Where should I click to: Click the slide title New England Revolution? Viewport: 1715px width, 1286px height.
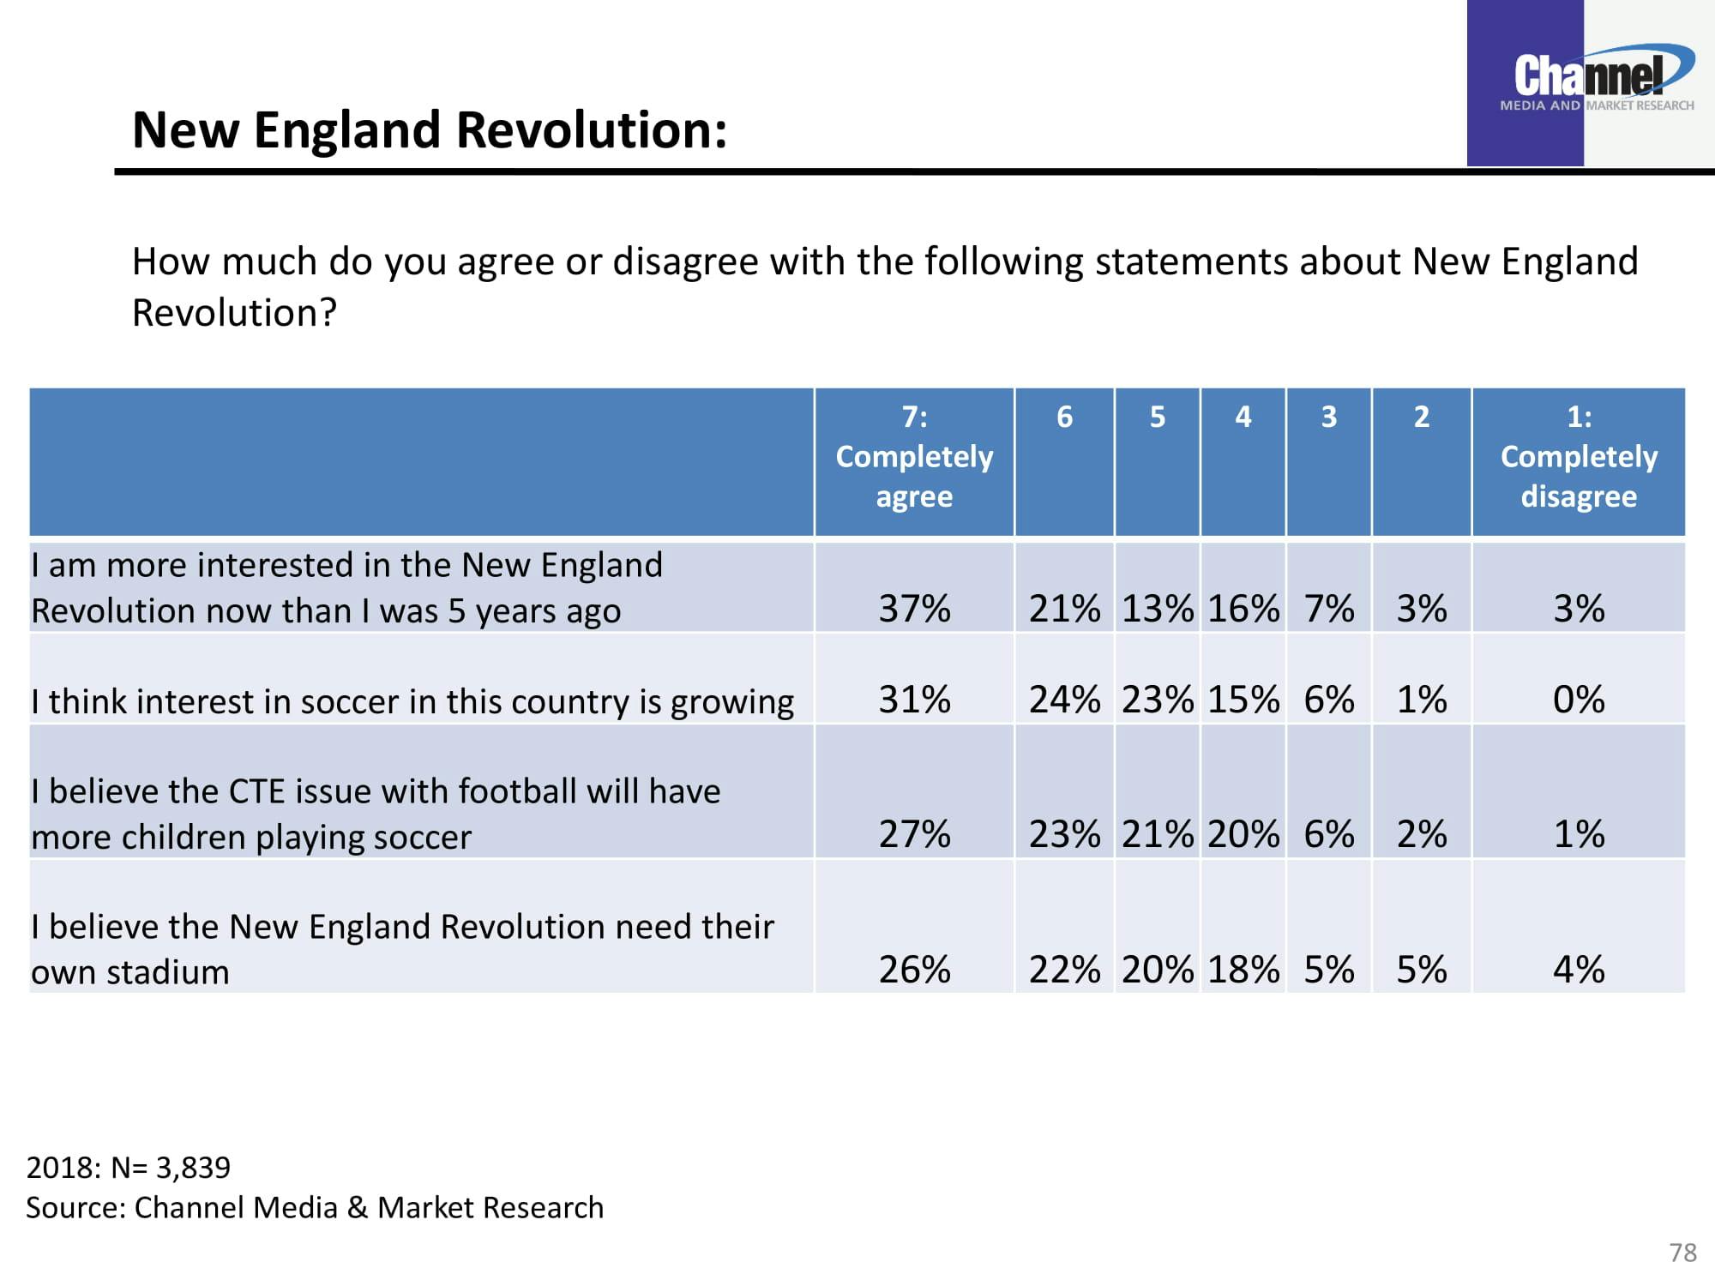click(x=430, y=130)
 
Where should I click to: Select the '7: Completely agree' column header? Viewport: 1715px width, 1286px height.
click(x=914, y=457)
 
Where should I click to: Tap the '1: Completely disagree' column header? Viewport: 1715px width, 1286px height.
click(x=1579, y=457)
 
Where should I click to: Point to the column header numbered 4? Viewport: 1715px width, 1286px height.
click(x=1243, y=417)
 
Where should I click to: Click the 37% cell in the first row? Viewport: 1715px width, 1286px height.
click(x=914, y=609)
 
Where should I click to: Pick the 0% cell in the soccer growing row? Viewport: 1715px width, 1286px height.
click(x=1579, y=700)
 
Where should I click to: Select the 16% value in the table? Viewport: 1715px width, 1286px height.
click(x=1243, y=609)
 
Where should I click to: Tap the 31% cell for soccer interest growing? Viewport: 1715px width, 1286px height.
click(x=914, y=700)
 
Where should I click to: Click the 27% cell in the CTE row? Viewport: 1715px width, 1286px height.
click(x=914, y=834)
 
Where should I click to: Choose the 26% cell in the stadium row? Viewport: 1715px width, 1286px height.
click(x=914, y=970)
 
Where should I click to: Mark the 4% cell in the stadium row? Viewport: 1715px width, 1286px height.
click(x=1579, y=970)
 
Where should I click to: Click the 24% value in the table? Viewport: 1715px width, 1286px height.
click(x=1064, y=700)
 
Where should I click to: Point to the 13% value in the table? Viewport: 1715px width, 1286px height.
click(x=1157, y=609)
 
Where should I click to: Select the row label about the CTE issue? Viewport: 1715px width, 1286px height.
click(x=376, y=814)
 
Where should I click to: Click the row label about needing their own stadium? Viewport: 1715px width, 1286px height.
click(x=401, y=949)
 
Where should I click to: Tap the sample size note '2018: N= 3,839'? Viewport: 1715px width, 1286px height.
click(x=129, y=1168)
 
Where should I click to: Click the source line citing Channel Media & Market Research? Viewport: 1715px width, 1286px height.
click(x=315, y=1208)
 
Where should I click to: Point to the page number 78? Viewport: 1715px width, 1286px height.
click(x=1682, y=1253)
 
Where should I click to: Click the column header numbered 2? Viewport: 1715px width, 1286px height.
click(x=1421, y=417)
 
